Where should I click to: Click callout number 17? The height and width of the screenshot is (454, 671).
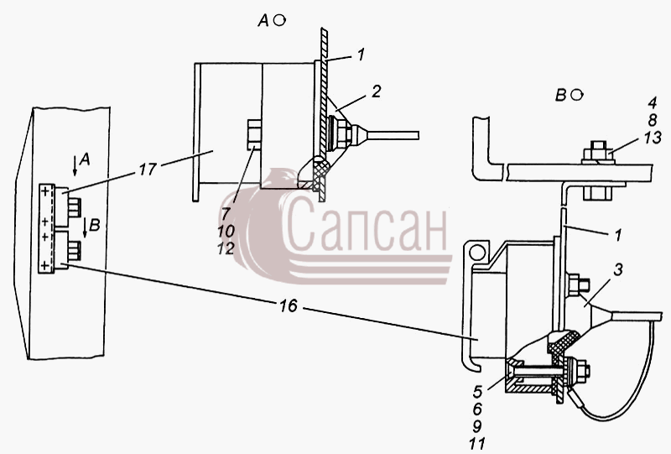pyautogui.click(x=147, y=170)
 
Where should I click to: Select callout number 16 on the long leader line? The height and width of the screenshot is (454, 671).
pyautogui.click(x=289, y=305)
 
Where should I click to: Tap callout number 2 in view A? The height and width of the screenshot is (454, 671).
pyautogui.click(x=376, y=91)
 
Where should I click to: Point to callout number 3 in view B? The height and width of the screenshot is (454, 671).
pyautogui.click(x=617, y=270)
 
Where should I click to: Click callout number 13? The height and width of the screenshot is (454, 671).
pyautogui.click(x=653, y=138)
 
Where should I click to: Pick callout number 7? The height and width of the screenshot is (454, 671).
pyautogui.click(x=226, y=214)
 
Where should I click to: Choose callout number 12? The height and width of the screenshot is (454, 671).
pyautogui.click(x=226, y=248)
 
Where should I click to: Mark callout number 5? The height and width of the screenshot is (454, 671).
pyautogui.click(x=477, y=391)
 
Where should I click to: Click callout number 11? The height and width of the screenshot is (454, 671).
pyautogui.click(x=476, y=443)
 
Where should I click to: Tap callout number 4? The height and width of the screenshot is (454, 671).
pyautogui.click(x=653, y=103)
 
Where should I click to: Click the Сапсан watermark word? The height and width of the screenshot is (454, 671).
pyautogui.click(x=365, y=224)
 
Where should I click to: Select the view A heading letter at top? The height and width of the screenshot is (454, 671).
pyautogui.click(x=263, y=20)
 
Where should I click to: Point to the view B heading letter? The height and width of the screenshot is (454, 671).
pyautogui.click(x=560, y=95)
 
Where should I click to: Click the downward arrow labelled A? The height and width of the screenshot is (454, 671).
pyautogui.click(x=75, y=166)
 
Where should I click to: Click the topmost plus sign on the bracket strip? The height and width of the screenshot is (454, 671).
pyautogui.click(x=45, y=192)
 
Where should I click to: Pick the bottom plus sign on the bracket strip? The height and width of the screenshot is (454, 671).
pyautogui.click(x=45, y=266)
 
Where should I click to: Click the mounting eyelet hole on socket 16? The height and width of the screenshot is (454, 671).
pyautogui.click(x=476, y=253)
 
